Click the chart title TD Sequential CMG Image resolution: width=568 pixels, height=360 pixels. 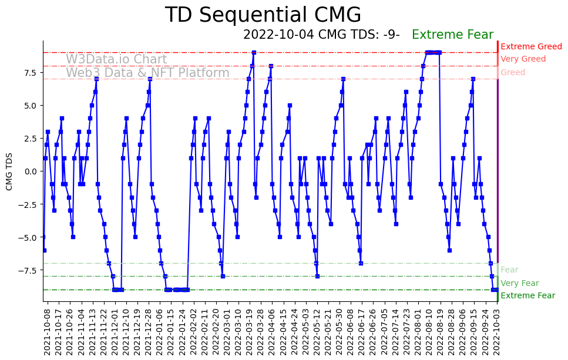pyautogui.click(x=263, y=15)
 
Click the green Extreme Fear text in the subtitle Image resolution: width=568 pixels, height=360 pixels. pyautogui.click(x=452, y=35)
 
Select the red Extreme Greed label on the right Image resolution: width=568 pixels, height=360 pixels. pyautogui.click(x=531, y=46)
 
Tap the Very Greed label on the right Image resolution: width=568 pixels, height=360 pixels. pyautogui.click(x=523, y=59)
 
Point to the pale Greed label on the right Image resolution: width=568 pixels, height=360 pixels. pyautogui.click(x=513, y=73)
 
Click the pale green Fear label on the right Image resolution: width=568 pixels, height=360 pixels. pyautogui.click(x=509, y=270)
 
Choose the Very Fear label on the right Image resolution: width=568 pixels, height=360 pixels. pyautogui.click(x=519, y=283)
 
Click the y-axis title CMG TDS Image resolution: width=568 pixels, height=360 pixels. pyautogui.click(x=9, y=171)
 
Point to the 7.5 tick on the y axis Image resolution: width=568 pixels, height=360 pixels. pyautogui.click(x=30, y=73)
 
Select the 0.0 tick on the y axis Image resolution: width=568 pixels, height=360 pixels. pyautogui.click(x=30, y=171)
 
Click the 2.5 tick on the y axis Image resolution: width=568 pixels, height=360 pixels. pyautogui.click(x=30, y=139)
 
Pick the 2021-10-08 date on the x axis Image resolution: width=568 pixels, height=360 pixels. pyautogui.click(x=47, y=332)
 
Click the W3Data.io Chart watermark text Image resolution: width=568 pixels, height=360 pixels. pyautogui.click(x=116, y=59)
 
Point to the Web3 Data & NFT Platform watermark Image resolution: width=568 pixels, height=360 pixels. pyautogui.click(x=147, y=73)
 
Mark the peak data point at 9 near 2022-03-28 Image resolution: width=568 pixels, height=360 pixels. pyautogui.click(x=254, y=52)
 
